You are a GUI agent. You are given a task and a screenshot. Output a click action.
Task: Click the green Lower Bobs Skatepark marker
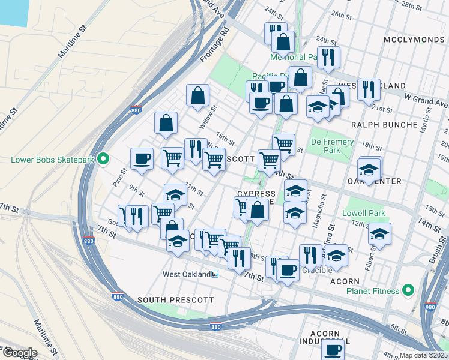pos(103,159)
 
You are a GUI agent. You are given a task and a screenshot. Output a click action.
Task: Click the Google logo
pos(20,352)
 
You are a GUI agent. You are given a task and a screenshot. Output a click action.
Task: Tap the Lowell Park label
pos(363,213)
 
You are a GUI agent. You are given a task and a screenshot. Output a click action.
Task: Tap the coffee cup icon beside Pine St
pos(142,159)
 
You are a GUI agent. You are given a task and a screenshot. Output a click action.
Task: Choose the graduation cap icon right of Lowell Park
pos(379,234)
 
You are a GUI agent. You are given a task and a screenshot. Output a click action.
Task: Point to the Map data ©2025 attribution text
pos(424,355)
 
